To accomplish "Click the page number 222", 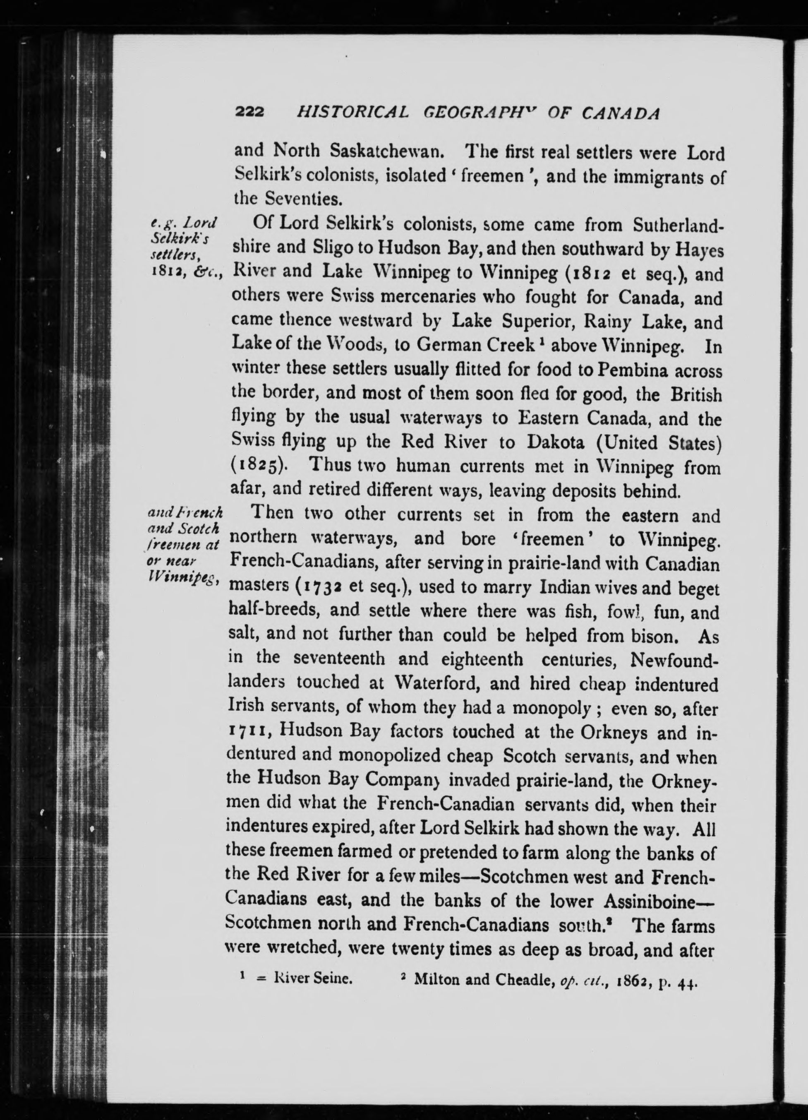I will tap(251, 113).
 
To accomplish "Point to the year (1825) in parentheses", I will tap(259, 467).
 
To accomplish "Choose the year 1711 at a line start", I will tap(248, 732).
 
